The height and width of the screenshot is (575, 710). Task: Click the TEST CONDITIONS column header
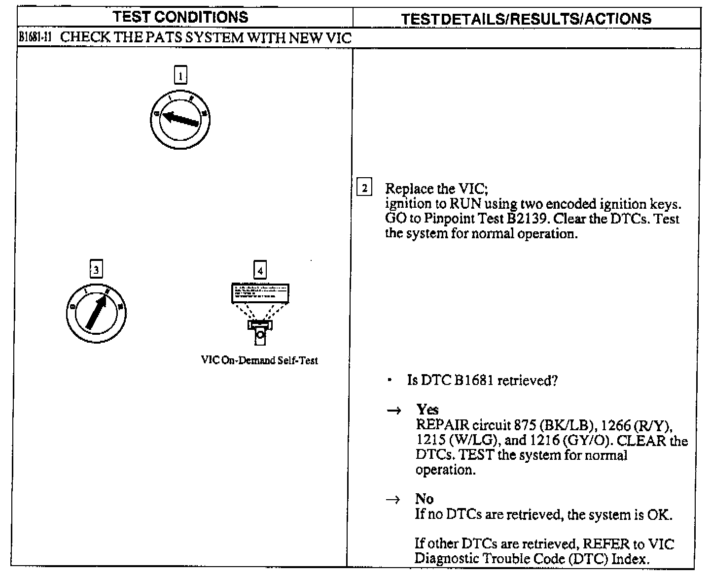click(180, 17)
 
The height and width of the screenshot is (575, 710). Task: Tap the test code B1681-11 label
click(32, 38)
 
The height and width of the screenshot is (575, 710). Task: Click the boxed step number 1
click(181, 75)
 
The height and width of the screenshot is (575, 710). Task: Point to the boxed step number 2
click(364, 188)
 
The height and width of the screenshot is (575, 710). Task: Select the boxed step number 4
click(260, 270)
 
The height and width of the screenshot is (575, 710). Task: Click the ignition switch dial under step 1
click(180, 119)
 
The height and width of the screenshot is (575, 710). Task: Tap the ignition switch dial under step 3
click(96, 313)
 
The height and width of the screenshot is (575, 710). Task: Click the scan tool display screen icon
click(260, 293)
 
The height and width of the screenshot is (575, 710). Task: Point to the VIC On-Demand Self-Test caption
click(259, 360)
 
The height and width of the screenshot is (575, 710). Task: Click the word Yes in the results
click(427, 410)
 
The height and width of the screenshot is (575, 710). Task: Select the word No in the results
click(424, 499)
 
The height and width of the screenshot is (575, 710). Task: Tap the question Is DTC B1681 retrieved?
click(482, 381)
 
